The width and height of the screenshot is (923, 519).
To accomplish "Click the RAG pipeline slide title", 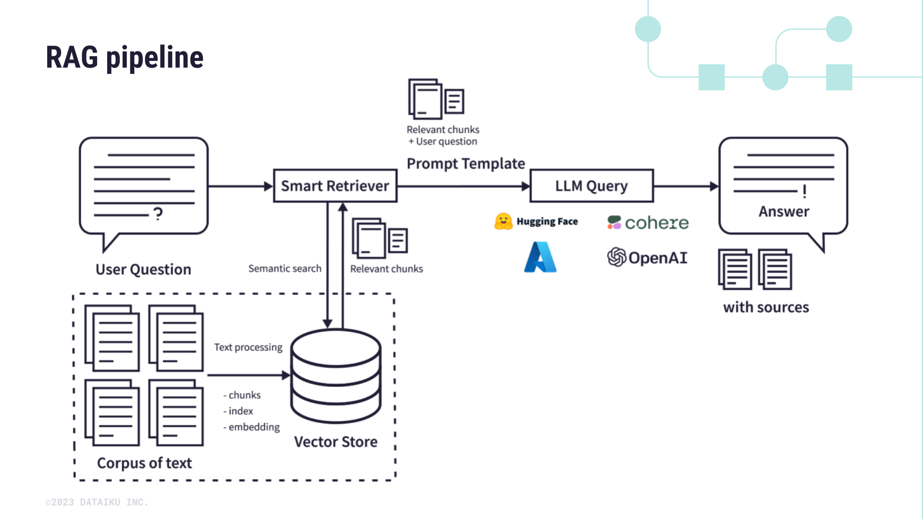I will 125,58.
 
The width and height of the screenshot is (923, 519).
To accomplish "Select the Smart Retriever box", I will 335,186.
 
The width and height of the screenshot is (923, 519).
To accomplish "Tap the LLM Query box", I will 591,186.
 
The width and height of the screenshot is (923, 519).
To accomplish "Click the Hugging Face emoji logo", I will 503,222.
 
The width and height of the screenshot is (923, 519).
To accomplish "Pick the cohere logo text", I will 656,223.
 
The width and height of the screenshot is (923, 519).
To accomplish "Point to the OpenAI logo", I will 647,258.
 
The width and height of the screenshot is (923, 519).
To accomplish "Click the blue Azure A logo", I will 540,258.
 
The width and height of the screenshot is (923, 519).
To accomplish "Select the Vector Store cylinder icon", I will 336,376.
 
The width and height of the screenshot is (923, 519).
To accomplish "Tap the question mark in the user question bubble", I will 158,213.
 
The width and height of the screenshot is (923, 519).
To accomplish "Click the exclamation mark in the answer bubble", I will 804,191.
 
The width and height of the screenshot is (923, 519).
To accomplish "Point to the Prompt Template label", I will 465,164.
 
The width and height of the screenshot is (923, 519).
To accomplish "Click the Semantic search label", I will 285,269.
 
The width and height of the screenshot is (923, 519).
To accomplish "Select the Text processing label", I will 248,347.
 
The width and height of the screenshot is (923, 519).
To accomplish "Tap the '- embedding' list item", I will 251,427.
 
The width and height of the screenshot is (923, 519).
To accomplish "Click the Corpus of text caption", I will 144,463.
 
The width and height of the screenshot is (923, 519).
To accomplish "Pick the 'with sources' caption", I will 766,308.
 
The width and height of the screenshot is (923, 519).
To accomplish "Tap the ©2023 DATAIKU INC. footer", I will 97,502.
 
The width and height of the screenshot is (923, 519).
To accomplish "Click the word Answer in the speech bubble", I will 784,212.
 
